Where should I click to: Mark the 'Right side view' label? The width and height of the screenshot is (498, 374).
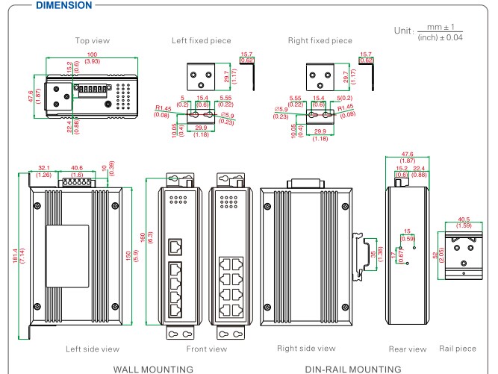[306, 349]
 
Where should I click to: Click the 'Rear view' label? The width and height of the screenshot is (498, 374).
[408, 349]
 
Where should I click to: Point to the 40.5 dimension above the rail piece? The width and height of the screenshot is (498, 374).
[462, 219]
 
